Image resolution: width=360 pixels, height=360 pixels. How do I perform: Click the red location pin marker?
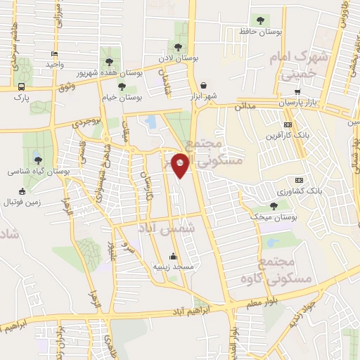pyautogui.click(x=181, y=165)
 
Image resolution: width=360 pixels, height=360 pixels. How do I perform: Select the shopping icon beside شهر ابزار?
pyautogui.click(x=202, y=84)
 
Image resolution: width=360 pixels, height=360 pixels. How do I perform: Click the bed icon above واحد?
pyautogui.click(x=54, y=53)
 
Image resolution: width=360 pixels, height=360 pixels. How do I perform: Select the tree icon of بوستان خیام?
pyautogui.click(x=122, y=86)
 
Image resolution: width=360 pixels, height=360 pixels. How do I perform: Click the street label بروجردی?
pyautogui.click(x=89, y=122)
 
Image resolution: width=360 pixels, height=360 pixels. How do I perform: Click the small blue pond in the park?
pyautogui.click(x=150, y=122)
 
